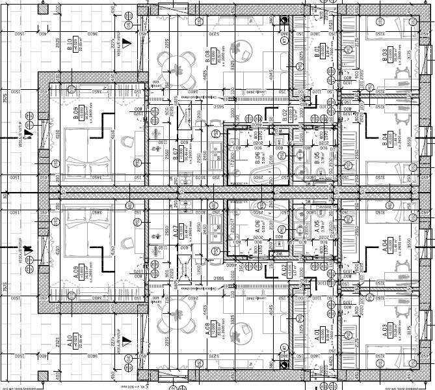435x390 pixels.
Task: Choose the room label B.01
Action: coord(317,49)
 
